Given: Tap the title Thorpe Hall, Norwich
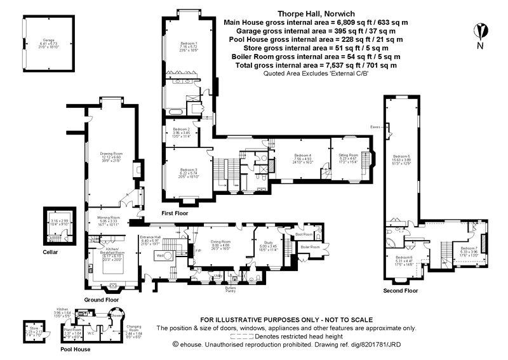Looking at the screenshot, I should [x=316, y=13].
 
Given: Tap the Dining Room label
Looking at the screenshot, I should [x=220, y=243].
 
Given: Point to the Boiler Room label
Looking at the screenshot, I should [x=309, y=246].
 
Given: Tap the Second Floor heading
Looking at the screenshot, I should [x=400, y=291].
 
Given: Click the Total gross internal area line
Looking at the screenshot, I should [x=316, y=65].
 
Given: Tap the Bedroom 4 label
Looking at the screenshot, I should [x=302, y=156].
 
